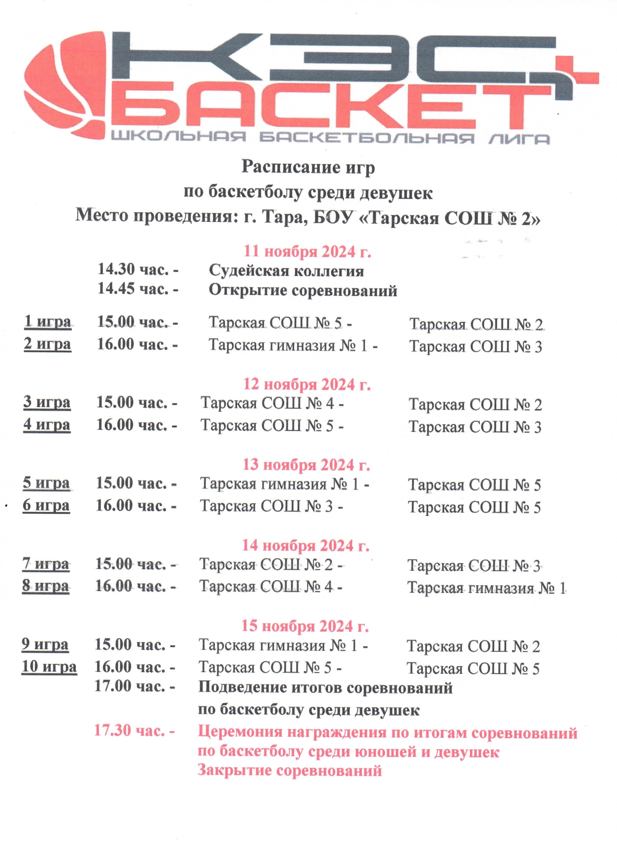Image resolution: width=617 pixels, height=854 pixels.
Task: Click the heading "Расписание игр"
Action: coord(308,167)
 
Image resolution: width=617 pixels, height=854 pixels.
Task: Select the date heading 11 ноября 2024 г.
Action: coord(307,251)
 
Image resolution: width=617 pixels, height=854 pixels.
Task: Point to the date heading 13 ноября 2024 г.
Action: coord(306,465)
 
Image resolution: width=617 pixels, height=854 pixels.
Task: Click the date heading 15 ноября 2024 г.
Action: coord(305,626)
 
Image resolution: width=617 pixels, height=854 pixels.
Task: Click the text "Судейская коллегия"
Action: coord(286,271)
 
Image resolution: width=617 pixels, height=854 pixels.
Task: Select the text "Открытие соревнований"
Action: coord(303,290)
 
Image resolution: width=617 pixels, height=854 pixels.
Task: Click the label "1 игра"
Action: coord(48,322)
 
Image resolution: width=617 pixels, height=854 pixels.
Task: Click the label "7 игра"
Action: coord(46,564)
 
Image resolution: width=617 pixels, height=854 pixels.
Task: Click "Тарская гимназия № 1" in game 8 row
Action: coord(486,588)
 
